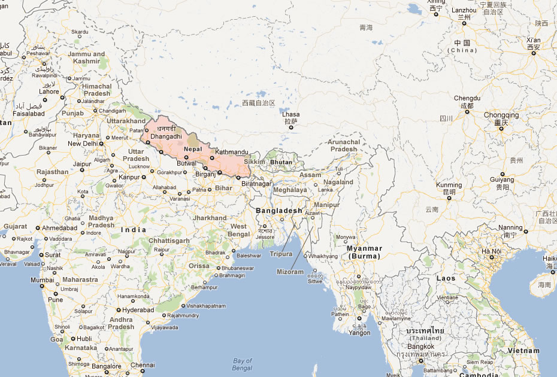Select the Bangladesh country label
point(279,211)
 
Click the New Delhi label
point(83,144)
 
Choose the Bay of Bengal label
point(242,364)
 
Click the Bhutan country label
point(281,162)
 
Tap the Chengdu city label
point(467,98)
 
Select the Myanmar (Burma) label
point(364,252)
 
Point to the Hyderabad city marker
point(118,310)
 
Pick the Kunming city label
point(449,186)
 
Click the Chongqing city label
point(501,115)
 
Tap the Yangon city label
point(359,333)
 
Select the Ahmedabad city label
point(60,228)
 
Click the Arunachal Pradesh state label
point(343,145)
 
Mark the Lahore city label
point(49,92)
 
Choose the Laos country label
point(446,278)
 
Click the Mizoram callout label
point(290,272)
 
